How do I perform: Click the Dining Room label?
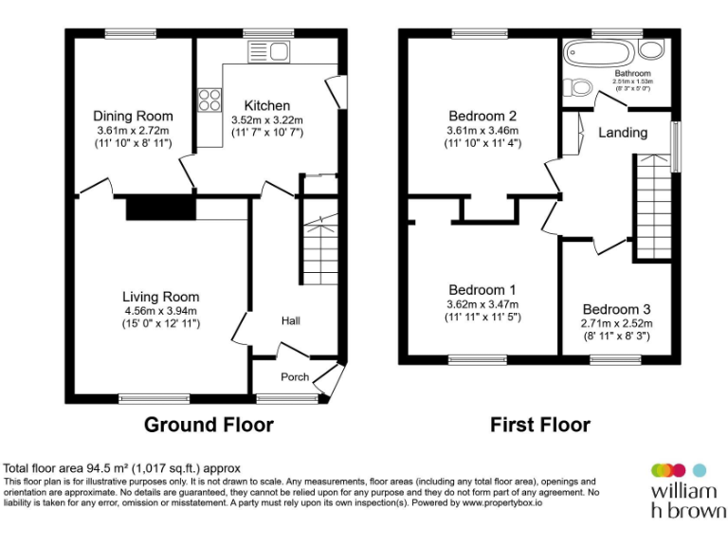click(x=132, y=116)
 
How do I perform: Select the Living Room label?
click(x=160, y=297)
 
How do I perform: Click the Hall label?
click(x=290, y=321)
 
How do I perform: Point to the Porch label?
click(x=295, y=376)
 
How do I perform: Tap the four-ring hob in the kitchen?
click(x=209, y=100)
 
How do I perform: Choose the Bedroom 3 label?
click(x=616, y=309)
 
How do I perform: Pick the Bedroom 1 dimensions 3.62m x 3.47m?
click(x=483, y=304)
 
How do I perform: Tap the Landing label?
click(x=623, y=133)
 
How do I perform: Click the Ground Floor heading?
click(x=209, y=425)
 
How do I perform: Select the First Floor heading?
click(x=540, y=425)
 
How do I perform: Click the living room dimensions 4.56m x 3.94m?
click(x=160, y=310)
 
